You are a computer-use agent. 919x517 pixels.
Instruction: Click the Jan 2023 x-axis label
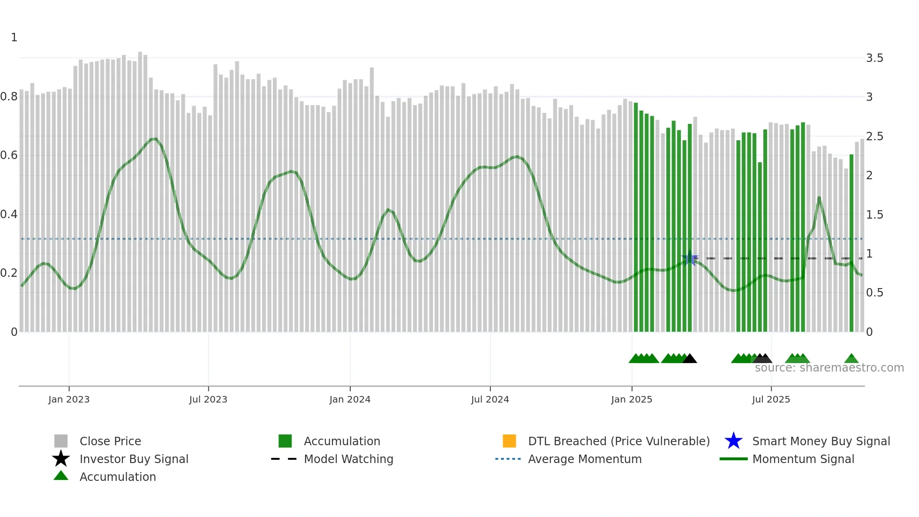click(x=69, y=399)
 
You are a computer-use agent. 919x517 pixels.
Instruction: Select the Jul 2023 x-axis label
click(x=208, y=399)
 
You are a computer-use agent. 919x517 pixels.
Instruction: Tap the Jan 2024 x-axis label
click(x=350, y=399)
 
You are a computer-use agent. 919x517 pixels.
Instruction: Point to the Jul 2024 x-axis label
click(x=490, y=399)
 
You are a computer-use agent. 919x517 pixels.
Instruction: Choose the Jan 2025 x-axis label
click(x=632, y=399)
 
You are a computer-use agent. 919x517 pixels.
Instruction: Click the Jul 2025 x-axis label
click(x=771, y=399)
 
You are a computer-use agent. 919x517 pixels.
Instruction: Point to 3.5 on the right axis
click(x=874, y=58)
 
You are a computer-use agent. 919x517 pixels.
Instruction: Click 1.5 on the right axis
click(x=874, y=215)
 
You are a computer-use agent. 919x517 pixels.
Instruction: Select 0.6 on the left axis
click(x=9, y=155)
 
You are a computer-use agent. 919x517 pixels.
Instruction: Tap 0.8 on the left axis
click(x=9, y=97)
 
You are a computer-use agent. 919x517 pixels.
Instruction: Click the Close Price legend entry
click(x=110, y=441)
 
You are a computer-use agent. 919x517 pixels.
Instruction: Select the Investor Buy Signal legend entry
click(x=134, y=459)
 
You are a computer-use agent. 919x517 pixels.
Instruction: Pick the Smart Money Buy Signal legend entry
click(x=821, y=441)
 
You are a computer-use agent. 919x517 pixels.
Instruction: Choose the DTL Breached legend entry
click(x=618, y=441)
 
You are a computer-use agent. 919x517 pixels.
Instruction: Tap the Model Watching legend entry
click(x=348, y=459)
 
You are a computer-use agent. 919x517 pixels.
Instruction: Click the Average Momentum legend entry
click(x=585, y=459)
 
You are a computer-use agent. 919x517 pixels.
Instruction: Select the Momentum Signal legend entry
click(x=803, y=459)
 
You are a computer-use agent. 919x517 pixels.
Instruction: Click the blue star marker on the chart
click(x=689, y=258)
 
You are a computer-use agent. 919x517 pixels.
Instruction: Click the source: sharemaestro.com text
click(x=829, y=368)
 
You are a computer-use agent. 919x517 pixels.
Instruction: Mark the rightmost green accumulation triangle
click(x=851, y=359)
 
